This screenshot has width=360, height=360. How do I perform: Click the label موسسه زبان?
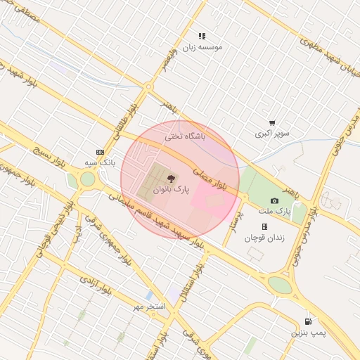pos(202,47)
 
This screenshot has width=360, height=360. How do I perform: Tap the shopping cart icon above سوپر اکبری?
pos(272,122)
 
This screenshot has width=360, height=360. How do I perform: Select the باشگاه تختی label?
pos(185,136)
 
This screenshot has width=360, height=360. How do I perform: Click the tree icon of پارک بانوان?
pos(172,179)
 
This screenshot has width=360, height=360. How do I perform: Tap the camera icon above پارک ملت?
pos(274,201)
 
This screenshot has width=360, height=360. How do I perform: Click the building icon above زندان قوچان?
pos(264,226)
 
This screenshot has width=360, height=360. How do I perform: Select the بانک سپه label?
pos(100,162)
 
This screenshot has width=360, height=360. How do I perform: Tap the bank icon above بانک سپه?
pos(100,152)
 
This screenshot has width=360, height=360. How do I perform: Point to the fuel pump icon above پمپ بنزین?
pos(307,320)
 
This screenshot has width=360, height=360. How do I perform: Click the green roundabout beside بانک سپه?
pos(86,179)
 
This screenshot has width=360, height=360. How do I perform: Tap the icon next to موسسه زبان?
pos(202,36)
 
